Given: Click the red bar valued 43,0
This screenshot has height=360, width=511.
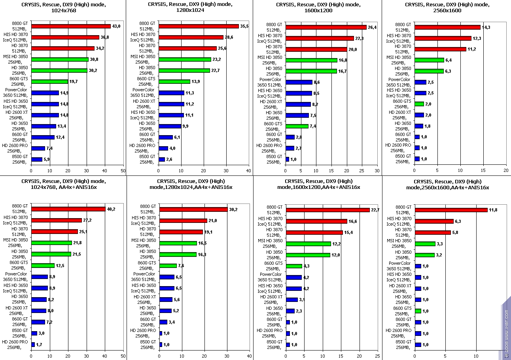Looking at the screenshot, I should [x=71, y=26].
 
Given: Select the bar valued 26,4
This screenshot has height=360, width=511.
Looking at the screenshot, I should [x=326, y=27].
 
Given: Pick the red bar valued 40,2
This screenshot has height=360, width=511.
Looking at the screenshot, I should [x=68, y=209].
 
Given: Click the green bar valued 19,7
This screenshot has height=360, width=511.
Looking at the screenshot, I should [x=49, y=82].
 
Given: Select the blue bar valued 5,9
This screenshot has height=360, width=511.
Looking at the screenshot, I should [x=36, y=159].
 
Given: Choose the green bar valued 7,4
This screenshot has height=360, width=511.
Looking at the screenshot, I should [x=297, y=126].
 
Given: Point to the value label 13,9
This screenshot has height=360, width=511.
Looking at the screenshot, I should [x=196, y=82].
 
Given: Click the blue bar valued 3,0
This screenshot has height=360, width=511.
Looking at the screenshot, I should [x=34, y=334].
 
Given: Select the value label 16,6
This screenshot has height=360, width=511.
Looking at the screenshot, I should [x=353, y=221].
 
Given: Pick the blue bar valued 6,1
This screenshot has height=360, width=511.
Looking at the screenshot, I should [x=165, y=137].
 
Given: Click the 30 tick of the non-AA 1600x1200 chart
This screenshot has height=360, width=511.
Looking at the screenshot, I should [x=377, y=171].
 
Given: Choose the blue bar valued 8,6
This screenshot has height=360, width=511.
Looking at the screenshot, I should [x=299, y=82].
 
